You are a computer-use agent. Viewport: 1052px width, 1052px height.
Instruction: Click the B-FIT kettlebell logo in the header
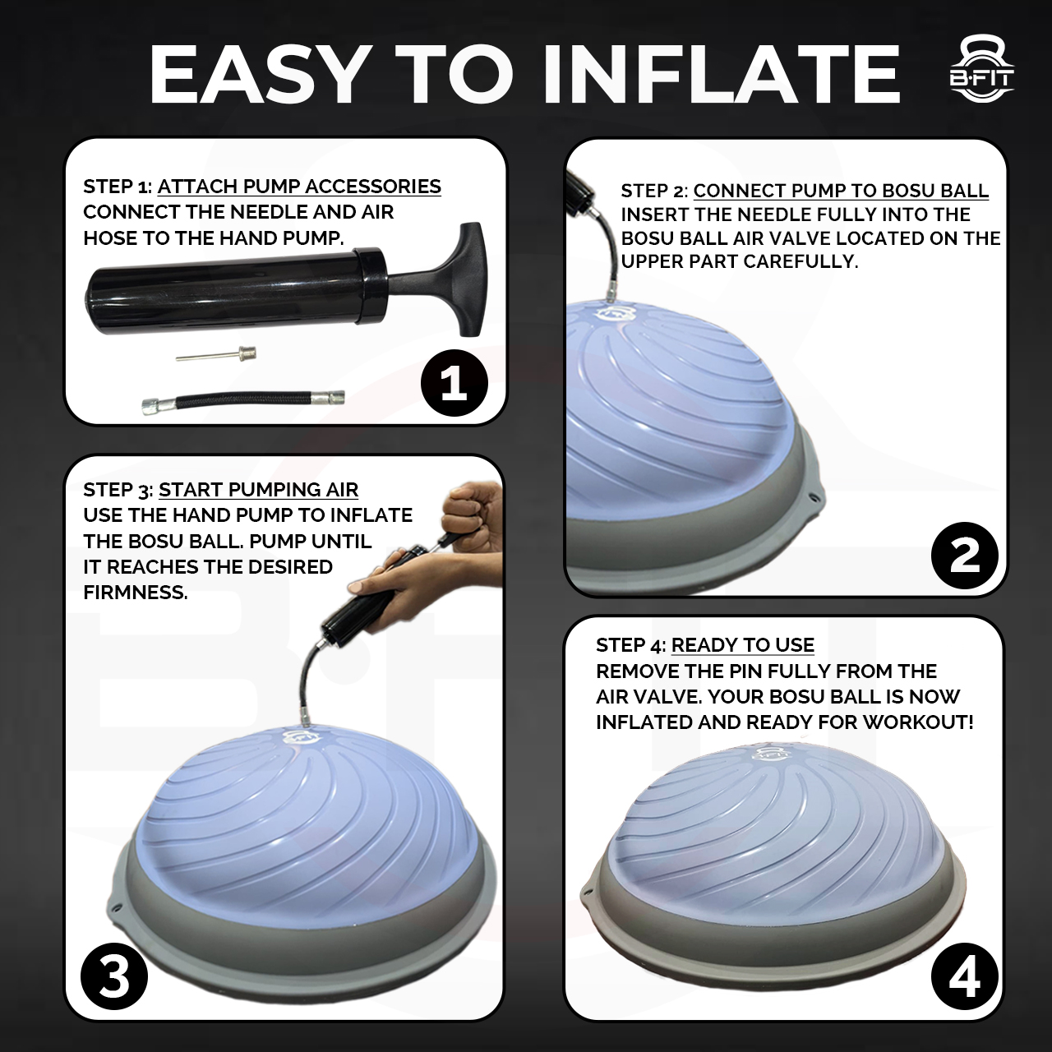981,76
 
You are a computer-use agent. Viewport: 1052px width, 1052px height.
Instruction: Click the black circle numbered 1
454,383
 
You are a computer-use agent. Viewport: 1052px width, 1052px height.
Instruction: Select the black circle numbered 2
965,556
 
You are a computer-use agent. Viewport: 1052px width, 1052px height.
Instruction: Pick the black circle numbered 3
114,976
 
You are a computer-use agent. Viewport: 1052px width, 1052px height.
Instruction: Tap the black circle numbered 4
965,976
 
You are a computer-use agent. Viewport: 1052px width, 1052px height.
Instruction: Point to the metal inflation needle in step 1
216,354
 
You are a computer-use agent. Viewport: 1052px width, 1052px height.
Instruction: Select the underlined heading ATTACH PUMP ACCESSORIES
299,187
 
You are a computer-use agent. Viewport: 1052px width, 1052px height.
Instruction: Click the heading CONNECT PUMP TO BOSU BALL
841,191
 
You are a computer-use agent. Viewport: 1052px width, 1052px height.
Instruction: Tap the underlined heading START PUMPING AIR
258,490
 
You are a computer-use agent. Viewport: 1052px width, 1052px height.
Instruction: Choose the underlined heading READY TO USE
742,645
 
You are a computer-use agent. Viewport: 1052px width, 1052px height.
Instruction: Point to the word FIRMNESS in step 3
136,593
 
